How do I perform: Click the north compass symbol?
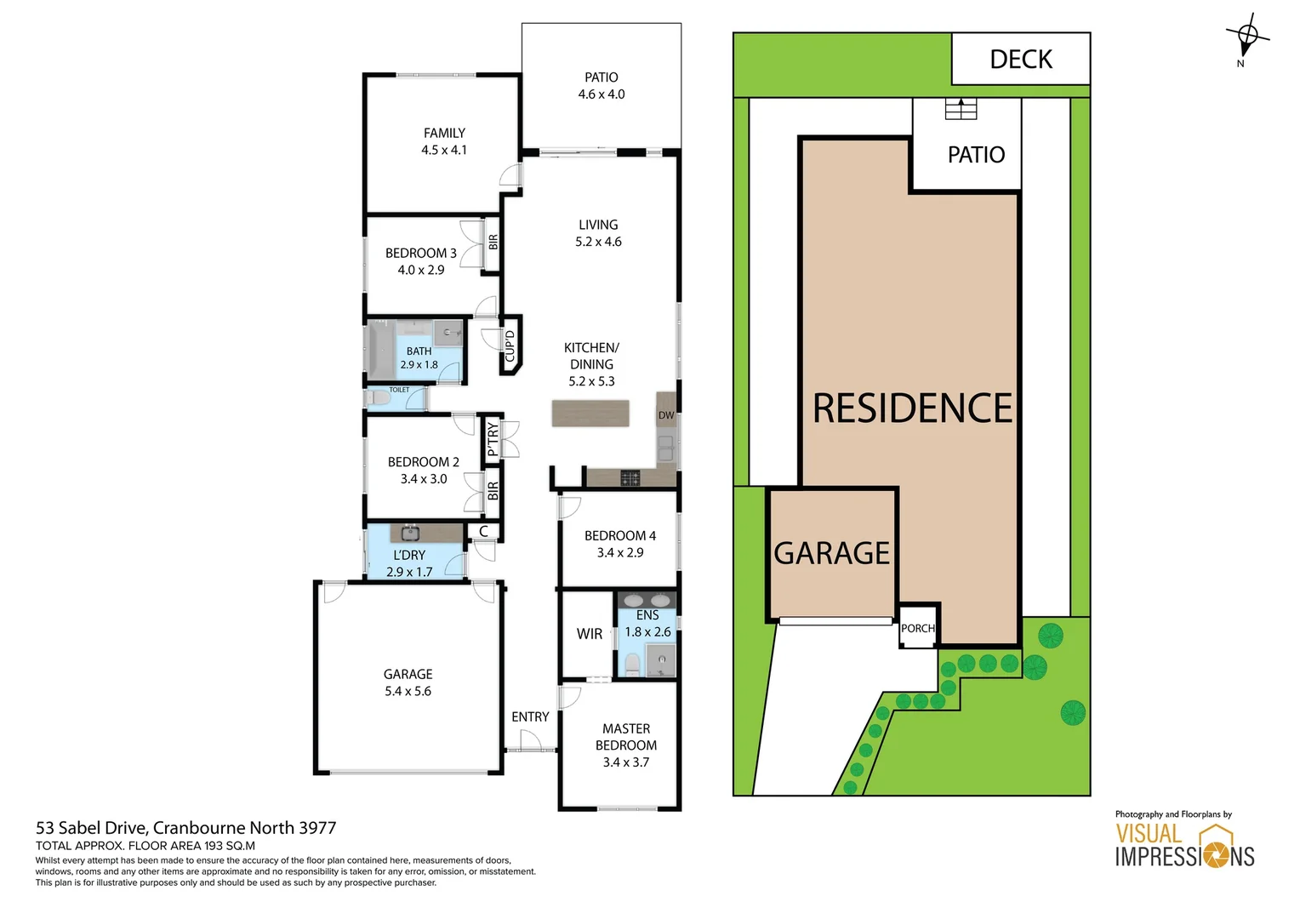(x=1246, y=37)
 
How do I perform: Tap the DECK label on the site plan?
(x=1021, y=60)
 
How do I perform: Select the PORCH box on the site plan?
(x=918, y=628)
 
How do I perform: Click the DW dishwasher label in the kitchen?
(x=666, y=415)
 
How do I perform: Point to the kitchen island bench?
(x=590, y=414)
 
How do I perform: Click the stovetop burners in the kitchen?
(x=630, y=478)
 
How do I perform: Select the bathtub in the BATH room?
(x=379, y=350)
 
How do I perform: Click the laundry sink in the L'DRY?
(x=409, y=534)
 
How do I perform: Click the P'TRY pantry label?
(x=492, y=440)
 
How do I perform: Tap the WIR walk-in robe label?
(x=590, y=634)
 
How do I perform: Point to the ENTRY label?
(x=530, y=717)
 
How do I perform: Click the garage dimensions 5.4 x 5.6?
(x=408, y=692)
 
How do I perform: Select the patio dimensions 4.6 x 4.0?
(x=602, y=94)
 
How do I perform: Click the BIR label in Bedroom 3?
(x=493, y=243)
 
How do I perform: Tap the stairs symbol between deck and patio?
(x=961, y=109)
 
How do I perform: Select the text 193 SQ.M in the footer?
(x=230, y=846)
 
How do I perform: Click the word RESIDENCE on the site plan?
(x=912, y=408)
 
